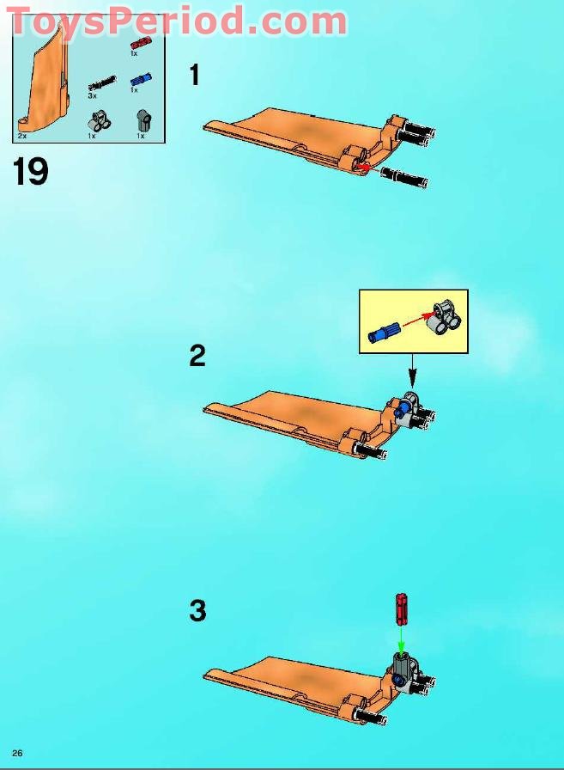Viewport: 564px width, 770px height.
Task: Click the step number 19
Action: tap(30, 171)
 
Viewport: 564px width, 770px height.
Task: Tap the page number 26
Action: tap(17, 753)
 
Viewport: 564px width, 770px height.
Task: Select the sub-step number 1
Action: tap(195, 75)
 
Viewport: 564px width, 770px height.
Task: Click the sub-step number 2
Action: tap(197, 356)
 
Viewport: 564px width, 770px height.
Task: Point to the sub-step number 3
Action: tap(197, 611)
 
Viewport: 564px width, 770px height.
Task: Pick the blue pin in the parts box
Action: tap(141, 80)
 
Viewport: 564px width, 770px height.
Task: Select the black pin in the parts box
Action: tap(102, 84)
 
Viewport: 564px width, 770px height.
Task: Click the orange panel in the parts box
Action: tap(45, 78)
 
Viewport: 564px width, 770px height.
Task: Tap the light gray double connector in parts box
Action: tap(100, 121)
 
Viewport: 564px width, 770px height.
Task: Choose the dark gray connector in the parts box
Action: tap(143, 119)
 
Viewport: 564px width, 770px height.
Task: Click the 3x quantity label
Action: tap(92, 95)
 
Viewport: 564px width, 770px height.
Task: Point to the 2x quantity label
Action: tap(22, 136)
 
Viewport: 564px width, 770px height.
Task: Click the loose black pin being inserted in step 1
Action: tap(404, 177)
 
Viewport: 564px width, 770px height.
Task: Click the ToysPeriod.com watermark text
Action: tap(178, 21)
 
